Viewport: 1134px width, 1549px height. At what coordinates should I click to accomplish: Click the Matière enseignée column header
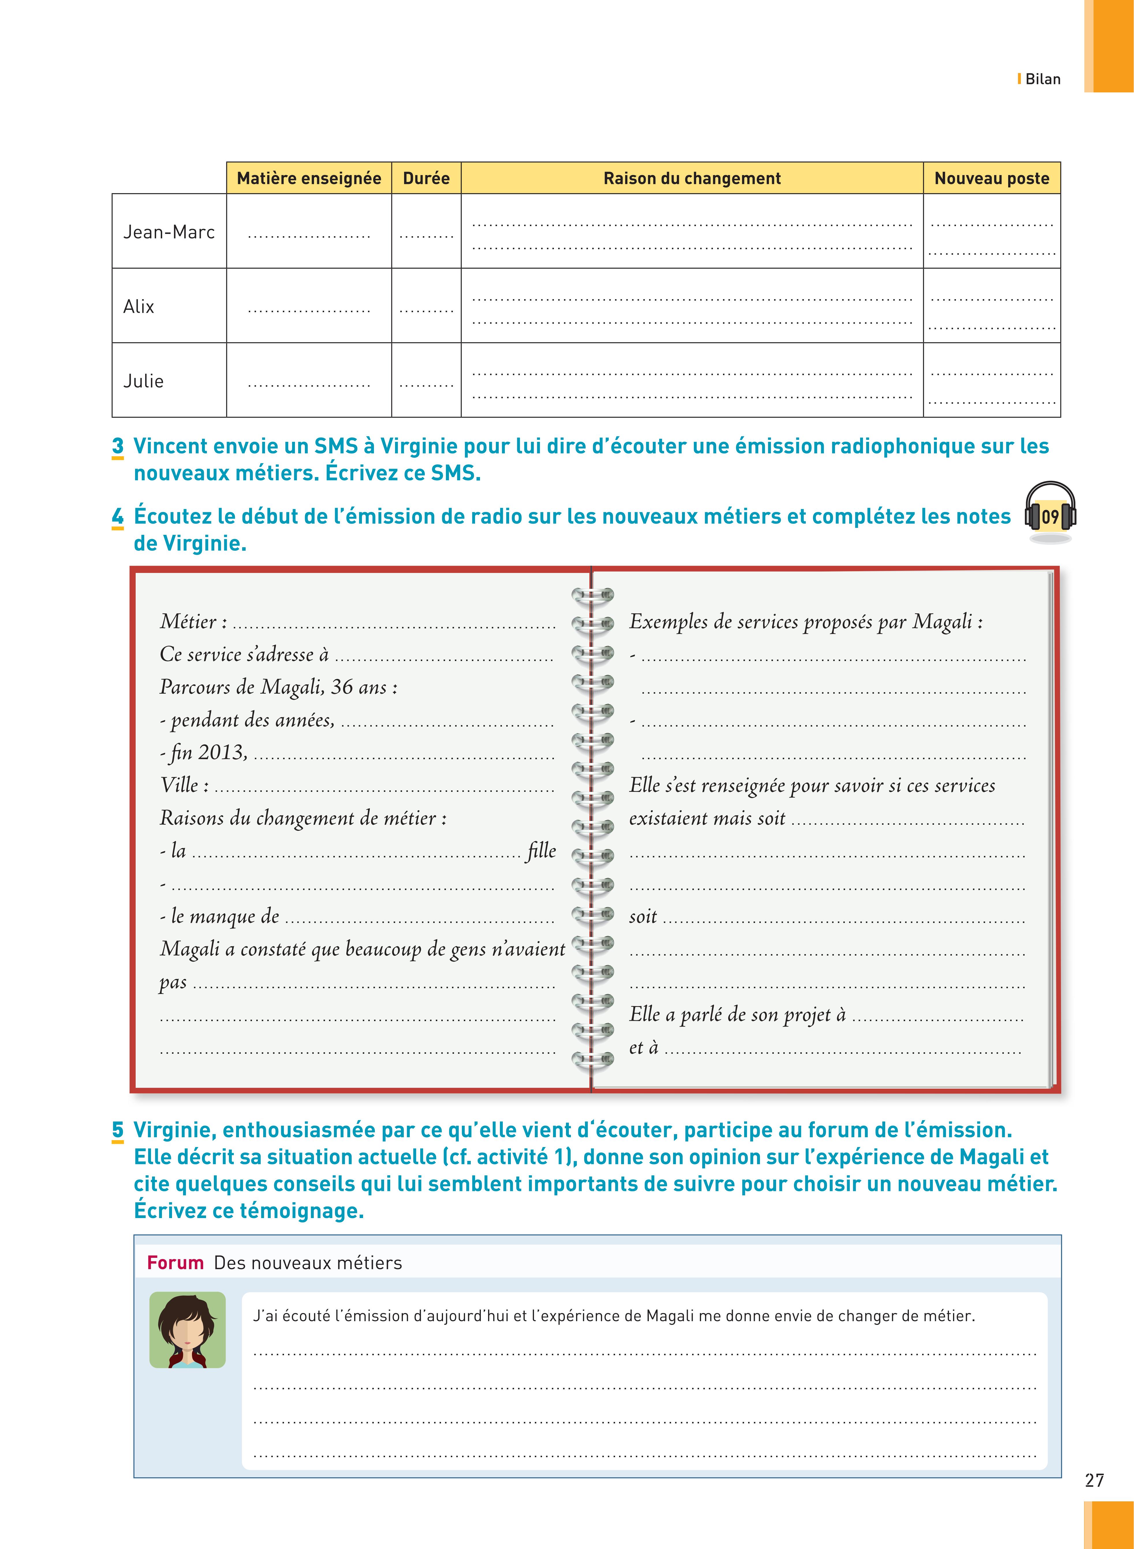pos(309,178)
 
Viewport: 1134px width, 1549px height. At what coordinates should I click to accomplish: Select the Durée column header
pos(426,178)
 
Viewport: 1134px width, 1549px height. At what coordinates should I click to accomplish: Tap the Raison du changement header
pos(692,178)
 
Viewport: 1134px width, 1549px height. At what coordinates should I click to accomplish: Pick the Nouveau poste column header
pos(992,178)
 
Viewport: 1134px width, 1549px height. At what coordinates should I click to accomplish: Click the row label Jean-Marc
pos(169,232)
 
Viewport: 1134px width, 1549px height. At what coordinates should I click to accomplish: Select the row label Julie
pos(143,381)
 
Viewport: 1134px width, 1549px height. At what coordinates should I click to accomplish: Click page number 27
pos(1094,1480)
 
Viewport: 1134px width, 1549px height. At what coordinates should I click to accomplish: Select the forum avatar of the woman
pos(187,1330)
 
